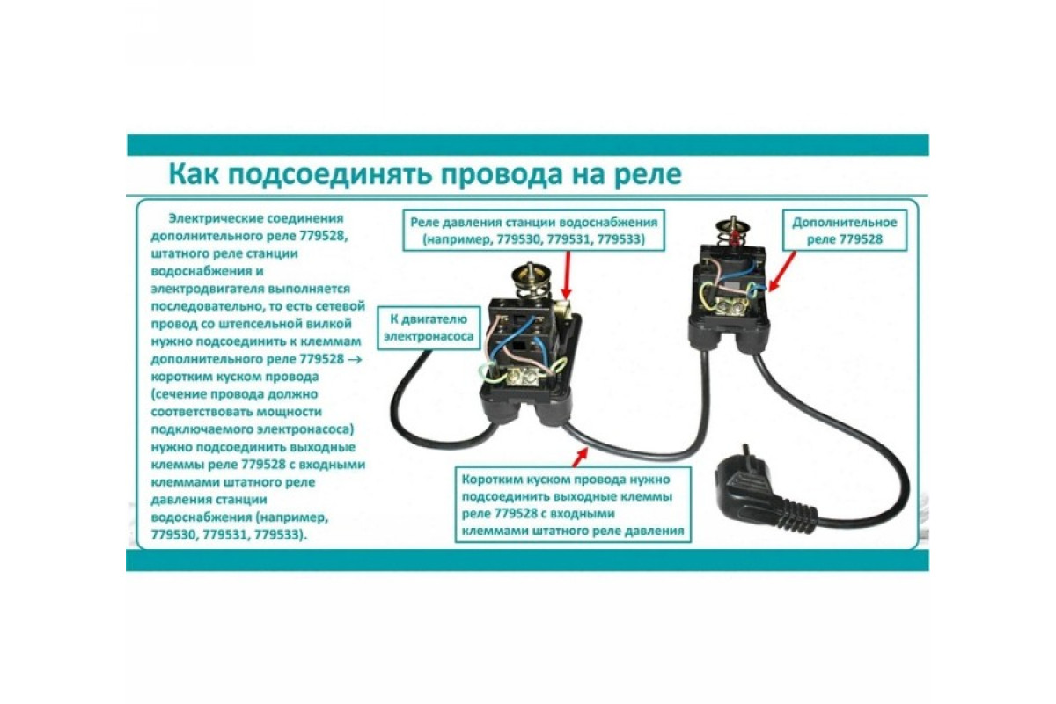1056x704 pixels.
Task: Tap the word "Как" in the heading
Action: (x=194, y=174)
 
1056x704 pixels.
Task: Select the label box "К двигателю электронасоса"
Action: (x=429, y=328)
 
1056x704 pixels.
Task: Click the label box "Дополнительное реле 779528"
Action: (x=844, y=230)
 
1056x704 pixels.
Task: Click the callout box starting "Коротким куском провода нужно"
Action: (x=572, y=504)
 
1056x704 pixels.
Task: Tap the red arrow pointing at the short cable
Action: (x=579, y=457)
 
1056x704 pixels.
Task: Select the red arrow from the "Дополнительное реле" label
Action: (x=781, y=271)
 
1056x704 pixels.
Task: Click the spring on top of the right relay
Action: (x=732, y=235)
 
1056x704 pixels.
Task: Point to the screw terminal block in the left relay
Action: (x=523, y=376)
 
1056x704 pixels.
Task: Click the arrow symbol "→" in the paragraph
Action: (x=355, y=359)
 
